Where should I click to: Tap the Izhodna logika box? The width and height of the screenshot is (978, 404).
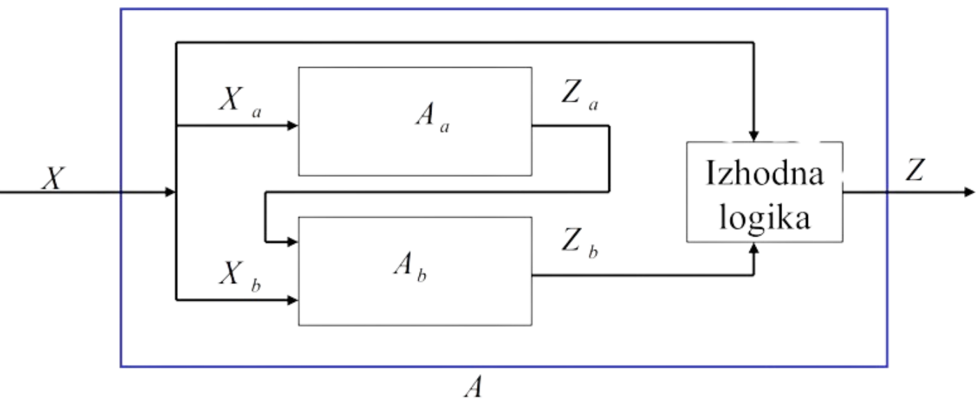[x=764, y=193]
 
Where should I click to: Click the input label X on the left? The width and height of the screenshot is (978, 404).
[x=52, y=179]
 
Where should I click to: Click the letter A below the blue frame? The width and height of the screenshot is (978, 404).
[x=473, y=386]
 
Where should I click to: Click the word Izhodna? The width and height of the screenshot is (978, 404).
[x=764, y=174]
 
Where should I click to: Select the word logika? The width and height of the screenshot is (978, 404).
[x=764, y=218]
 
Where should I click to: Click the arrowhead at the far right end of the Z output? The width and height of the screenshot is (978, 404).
[x=970, y=192]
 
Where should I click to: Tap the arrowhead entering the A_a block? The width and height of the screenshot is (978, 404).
[x=293, y=126]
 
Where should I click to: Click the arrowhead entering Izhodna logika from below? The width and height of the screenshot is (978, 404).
[x=754, y=248]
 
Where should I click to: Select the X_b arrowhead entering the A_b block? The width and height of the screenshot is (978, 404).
[x=293, y=301]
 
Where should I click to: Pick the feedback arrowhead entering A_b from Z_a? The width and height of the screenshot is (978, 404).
[x=293, y=241]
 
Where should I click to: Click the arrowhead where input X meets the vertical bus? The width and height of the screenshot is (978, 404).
[x=169, y=192]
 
